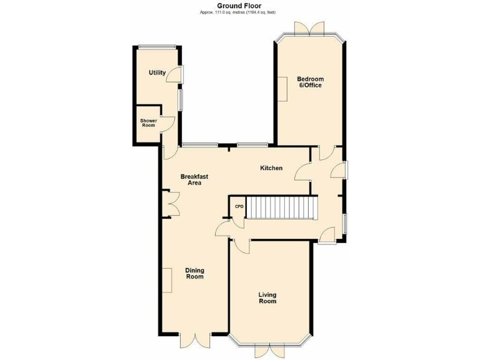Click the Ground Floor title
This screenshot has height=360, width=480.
tap(239, 5)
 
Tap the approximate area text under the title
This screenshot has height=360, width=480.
tap(239, 12)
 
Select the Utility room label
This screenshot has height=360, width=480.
tap(157, 72)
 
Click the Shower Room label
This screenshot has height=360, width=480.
tap(148, 122)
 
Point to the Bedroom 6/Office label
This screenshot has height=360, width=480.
tap(310, 82)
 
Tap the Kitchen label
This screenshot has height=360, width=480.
tap(271, 168)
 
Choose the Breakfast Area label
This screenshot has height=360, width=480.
tap(194, 180)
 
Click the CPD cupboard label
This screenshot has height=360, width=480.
tap(239, 207)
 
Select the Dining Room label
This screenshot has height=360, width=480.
tap(194, 274)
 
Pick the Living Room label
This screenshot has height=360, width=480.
tap(267, 297)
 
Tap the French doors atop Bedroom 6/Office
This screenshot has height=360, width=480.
tap(309, 29)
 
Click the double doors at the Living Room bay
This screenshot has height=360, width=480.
tap(267, 351)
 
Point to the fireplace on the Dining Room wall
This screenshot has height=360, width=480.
tap(169, 280)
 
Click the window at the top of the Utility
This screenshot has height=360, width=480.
tap(156, 46)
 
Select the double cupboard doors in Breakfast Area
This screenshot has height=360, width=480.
tap(171, 204)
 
